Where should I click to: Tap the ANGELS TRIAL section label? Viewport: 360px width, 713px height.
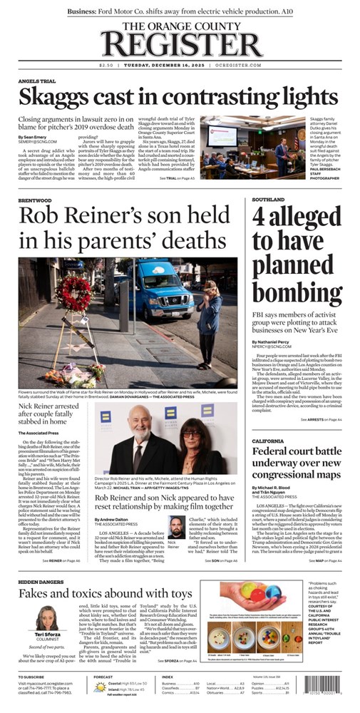tap(37, 81)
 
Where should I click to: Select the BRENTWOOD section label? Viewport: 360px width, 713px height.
tap(34, 181)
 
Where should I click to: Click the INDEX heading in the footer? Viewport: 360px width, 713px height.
tap(168, 677)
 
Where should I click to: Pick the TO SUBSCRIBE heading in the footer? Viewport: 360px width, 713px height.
tap(31, 677)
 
